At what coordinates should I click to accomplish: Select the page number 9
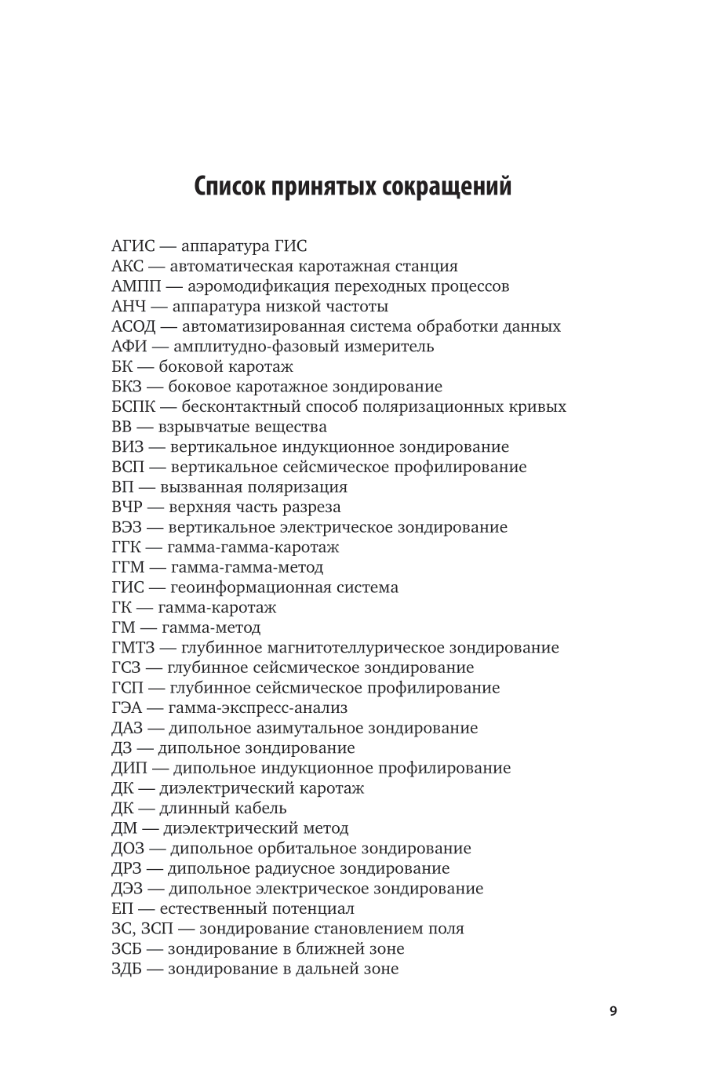pyautogui.click(x=613, y=1010)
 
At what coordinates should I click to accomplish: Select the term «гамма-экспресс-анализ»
pyautogui.click(x=253, y=708)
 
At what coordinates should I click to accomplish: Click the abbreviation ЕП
pyautogui.click(x=123, y=908)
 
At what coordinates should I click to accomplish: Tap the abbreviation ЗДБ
pyautogui.click(x=129, y=969)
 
